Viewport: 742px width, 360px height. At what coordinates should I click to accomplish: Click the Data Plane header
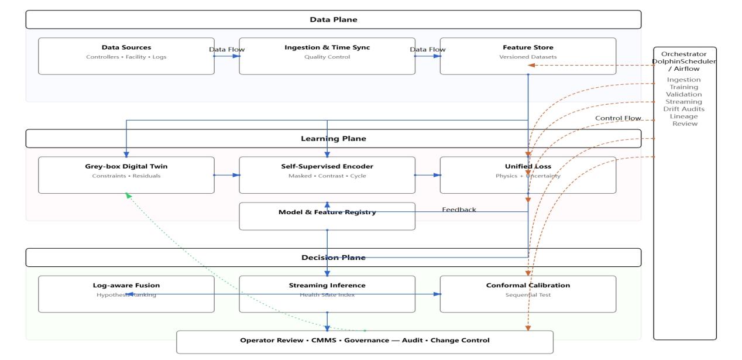pos(333,20)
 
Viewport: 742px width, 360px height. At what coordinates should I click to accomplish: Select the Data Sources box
pos(126,56)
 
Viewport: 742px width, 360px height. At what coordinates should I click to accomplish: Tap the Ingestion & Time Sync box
pos(327,56)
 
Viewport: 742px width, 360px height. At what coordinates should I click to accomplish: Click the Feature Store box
pos(527,56)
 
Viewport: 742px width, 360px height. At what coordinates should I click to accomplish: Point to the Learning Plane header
pos(333,139)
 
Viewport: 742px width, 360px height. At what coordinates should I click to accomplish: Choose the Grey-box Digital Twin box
pos(126,174)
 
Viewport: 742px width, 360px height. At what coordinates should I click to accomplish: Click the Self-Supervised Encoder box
pos(327,174)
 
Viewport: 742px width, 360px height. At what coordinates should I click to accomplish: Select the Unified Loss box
pos(527,174)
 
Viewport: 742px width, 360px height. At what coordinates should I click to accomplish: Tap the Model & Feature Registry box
pos(327,216)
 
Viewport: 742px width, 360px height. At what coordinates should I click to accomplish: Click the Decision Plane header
pos(333,258)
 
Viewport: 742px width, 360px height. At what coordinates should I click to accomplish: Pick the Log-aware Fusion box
pos(126,294)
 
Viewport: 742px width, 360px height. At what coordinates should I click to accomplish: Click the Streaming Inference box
pos(327,294)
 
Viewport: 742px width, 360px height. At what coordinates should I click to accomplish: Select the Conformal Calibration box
pos(527,294)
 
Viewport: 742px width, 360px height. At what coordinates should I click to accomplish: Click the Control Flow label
pos(618,118)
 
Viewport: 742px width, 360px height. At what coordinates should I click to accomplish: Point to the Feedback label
pos(459,210)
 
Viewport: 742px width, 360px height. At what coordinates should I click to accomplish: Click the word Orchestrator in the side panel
pos(684,54)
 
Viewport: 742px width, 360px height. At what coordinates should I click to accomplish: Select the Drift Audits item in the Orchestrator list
pos(684,109)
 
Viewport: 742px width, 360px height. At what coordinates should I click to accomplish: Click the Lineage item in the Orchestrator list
pos(684,116)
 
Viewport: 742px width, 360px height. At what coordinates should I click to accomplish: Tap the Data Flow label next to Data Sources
pos(226,50)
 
